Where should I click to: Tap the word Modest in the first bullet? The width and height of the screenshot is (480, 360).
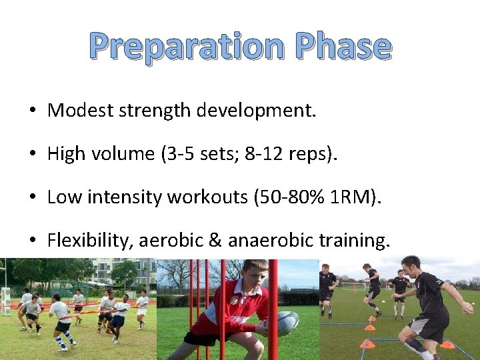(x=81, y=111)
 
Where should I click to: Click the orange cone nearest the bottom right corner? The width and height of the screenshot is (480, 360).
(x=447, y=345)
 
